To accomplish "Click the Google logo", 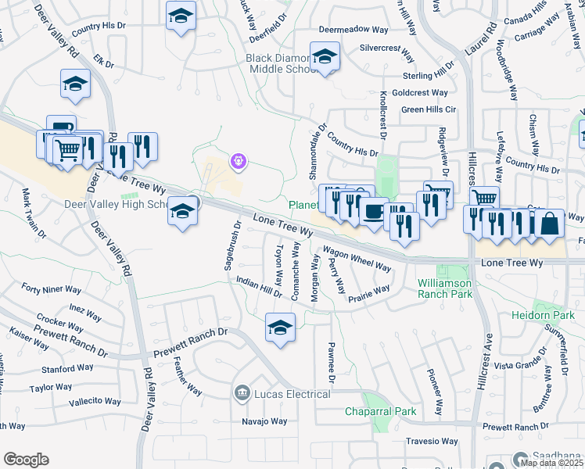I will point(26,460).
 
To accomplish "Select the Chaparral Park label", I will point(381,411).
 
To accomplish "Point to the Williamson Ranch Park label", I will point(444,288).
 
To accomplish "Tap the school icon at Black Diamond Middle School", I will point(325,57).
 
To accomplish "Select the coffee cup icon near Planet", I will point(374,211).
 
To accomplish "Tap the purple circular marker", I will point(239,162).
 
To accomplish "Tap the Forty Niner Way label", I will point(51,289).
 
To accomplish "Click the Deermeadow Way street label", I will point(354,30).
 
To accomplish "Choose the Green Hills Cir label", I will point(429,109).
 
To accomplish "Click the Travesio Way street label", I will point(432,441).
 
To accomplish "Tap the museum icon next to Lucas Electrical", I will point(242,392).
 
